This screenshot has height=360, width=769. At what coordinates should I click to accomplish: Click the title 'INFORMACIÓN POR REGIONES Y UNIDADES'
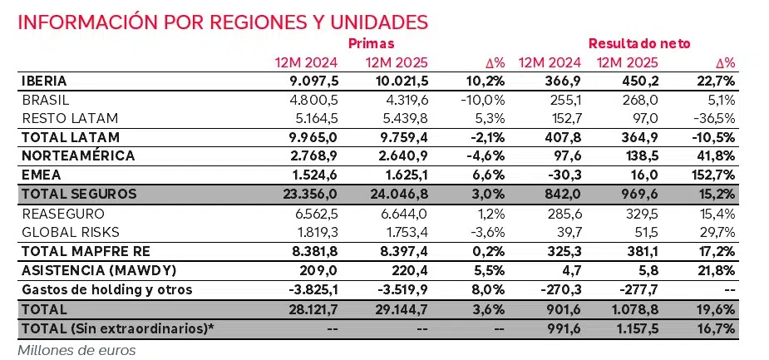point(223,22)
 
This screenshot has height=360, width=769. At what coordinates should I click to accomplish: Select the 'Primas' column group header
point(371,43)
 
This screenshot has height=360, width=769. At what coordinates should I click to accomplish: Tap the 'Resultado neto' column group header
point(639,43)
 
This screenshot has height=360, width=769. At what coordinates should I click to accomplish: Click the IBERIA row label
point(43,81)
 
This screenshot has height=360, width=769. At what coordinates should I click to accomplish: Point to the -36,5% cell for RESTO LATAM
point(712,116)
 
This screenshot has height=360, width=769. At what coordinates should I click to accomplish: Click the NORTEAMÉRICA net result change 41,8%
point(716,155)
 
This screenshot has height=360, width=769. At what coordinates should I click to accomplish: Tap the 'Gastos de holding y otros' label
point(107,289)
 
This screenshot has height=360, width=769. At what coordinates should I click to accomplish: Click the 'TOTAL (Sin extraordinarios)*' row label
point(116,328)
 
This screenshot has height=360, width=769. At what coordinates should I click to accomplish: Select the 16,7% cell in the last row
point(716,328)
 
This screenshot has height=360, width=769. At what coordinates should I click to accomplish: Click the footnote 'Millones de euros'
point(76,349)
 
